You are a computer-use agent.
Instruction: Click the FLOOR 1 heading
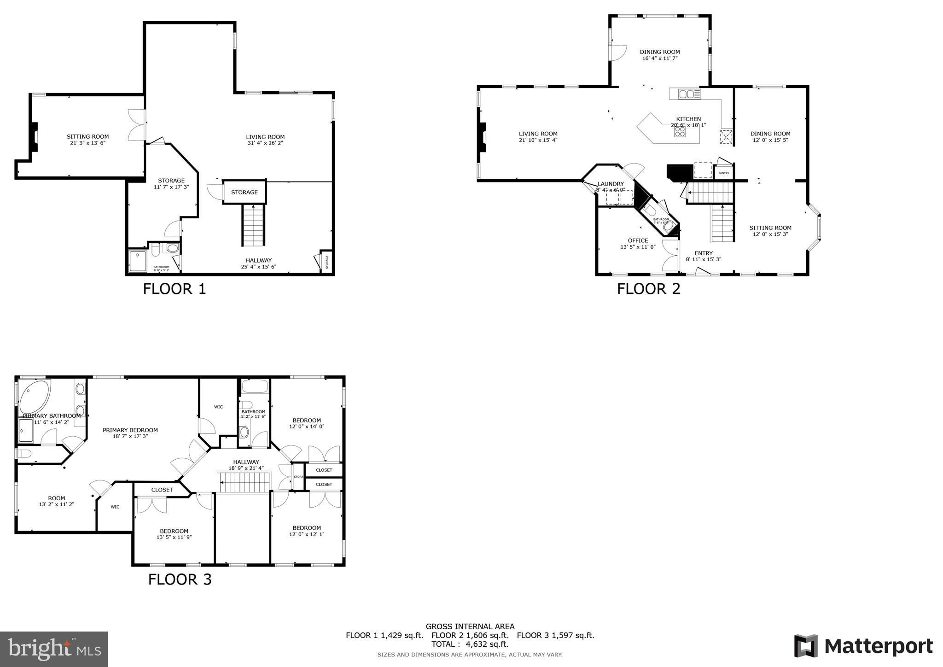[x=174, y=289]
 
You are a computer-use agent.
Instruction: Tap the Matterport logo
[x=863, y=646]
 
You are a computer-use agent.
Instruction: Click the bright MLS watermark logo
[x=54, y=649]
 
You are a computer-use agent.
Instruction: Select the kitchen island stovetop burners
[x=680, y=132]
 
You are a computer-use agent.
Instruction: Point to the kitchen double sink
[x=689, y=94]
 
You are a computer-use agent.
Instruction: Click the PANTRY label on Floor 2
[x=724, y=173]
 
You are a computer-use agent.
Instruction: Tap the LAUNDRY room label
[x=611, y=184]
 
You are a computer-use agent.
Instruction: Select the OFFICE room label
[x=638, y=240]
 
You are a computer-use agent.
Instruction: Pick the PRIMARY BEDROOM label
[x=130, y=430]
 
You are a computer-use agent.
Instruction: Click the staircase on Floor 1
[x=254, y=226]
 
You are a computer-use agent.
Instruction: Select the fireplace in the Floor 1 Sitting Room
[x=34, y=137]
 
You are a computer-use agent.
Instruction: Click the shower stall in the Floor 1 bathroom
[x=138, y=261]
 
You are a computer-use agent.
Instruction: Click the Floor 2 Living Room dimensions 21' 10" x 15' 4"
[x=538, y=140]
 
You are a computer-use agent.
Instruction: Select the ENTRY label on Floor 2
[x=703, y=253]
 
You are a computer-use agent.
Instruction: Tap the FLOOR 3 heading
[x=180, y=579]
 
